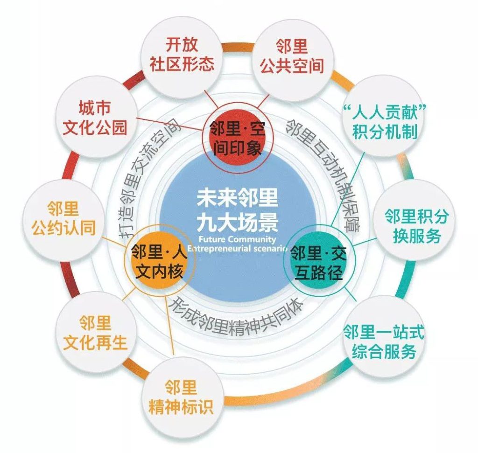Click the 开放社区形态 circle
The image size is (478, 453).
pos(182,55)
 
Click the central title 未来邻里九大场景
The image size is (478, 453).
pos(237,210)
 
